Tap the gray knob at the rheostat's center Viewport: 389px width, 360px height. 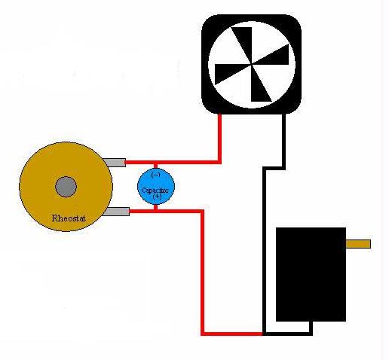pyautogui.click(x=66, y=186)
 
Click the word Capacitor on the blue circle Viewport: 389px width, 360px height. pyautogui.click(x=156, y=190)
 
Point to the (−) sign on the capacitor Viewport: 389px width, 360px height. pyautogui.click(x=156, y=174)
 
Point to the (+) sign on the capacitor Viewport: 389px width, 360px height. pyautogui.click(x=156, y=197)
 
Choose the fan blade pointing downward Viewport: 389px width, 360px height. pyautogui.click(x=260, y=87)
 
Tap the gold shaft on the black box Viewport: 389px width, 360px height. pyautogui.click(x=358, y=244)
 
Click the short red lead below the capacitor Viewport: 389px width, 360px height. pyautogui.click(x=156, y=206)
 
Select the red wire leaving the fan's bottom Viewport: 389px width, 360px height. pyautogui.click(x=219, y=139)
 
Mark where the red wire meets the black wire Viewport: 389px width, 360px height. pyautogui.click(x=262, y=332)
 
